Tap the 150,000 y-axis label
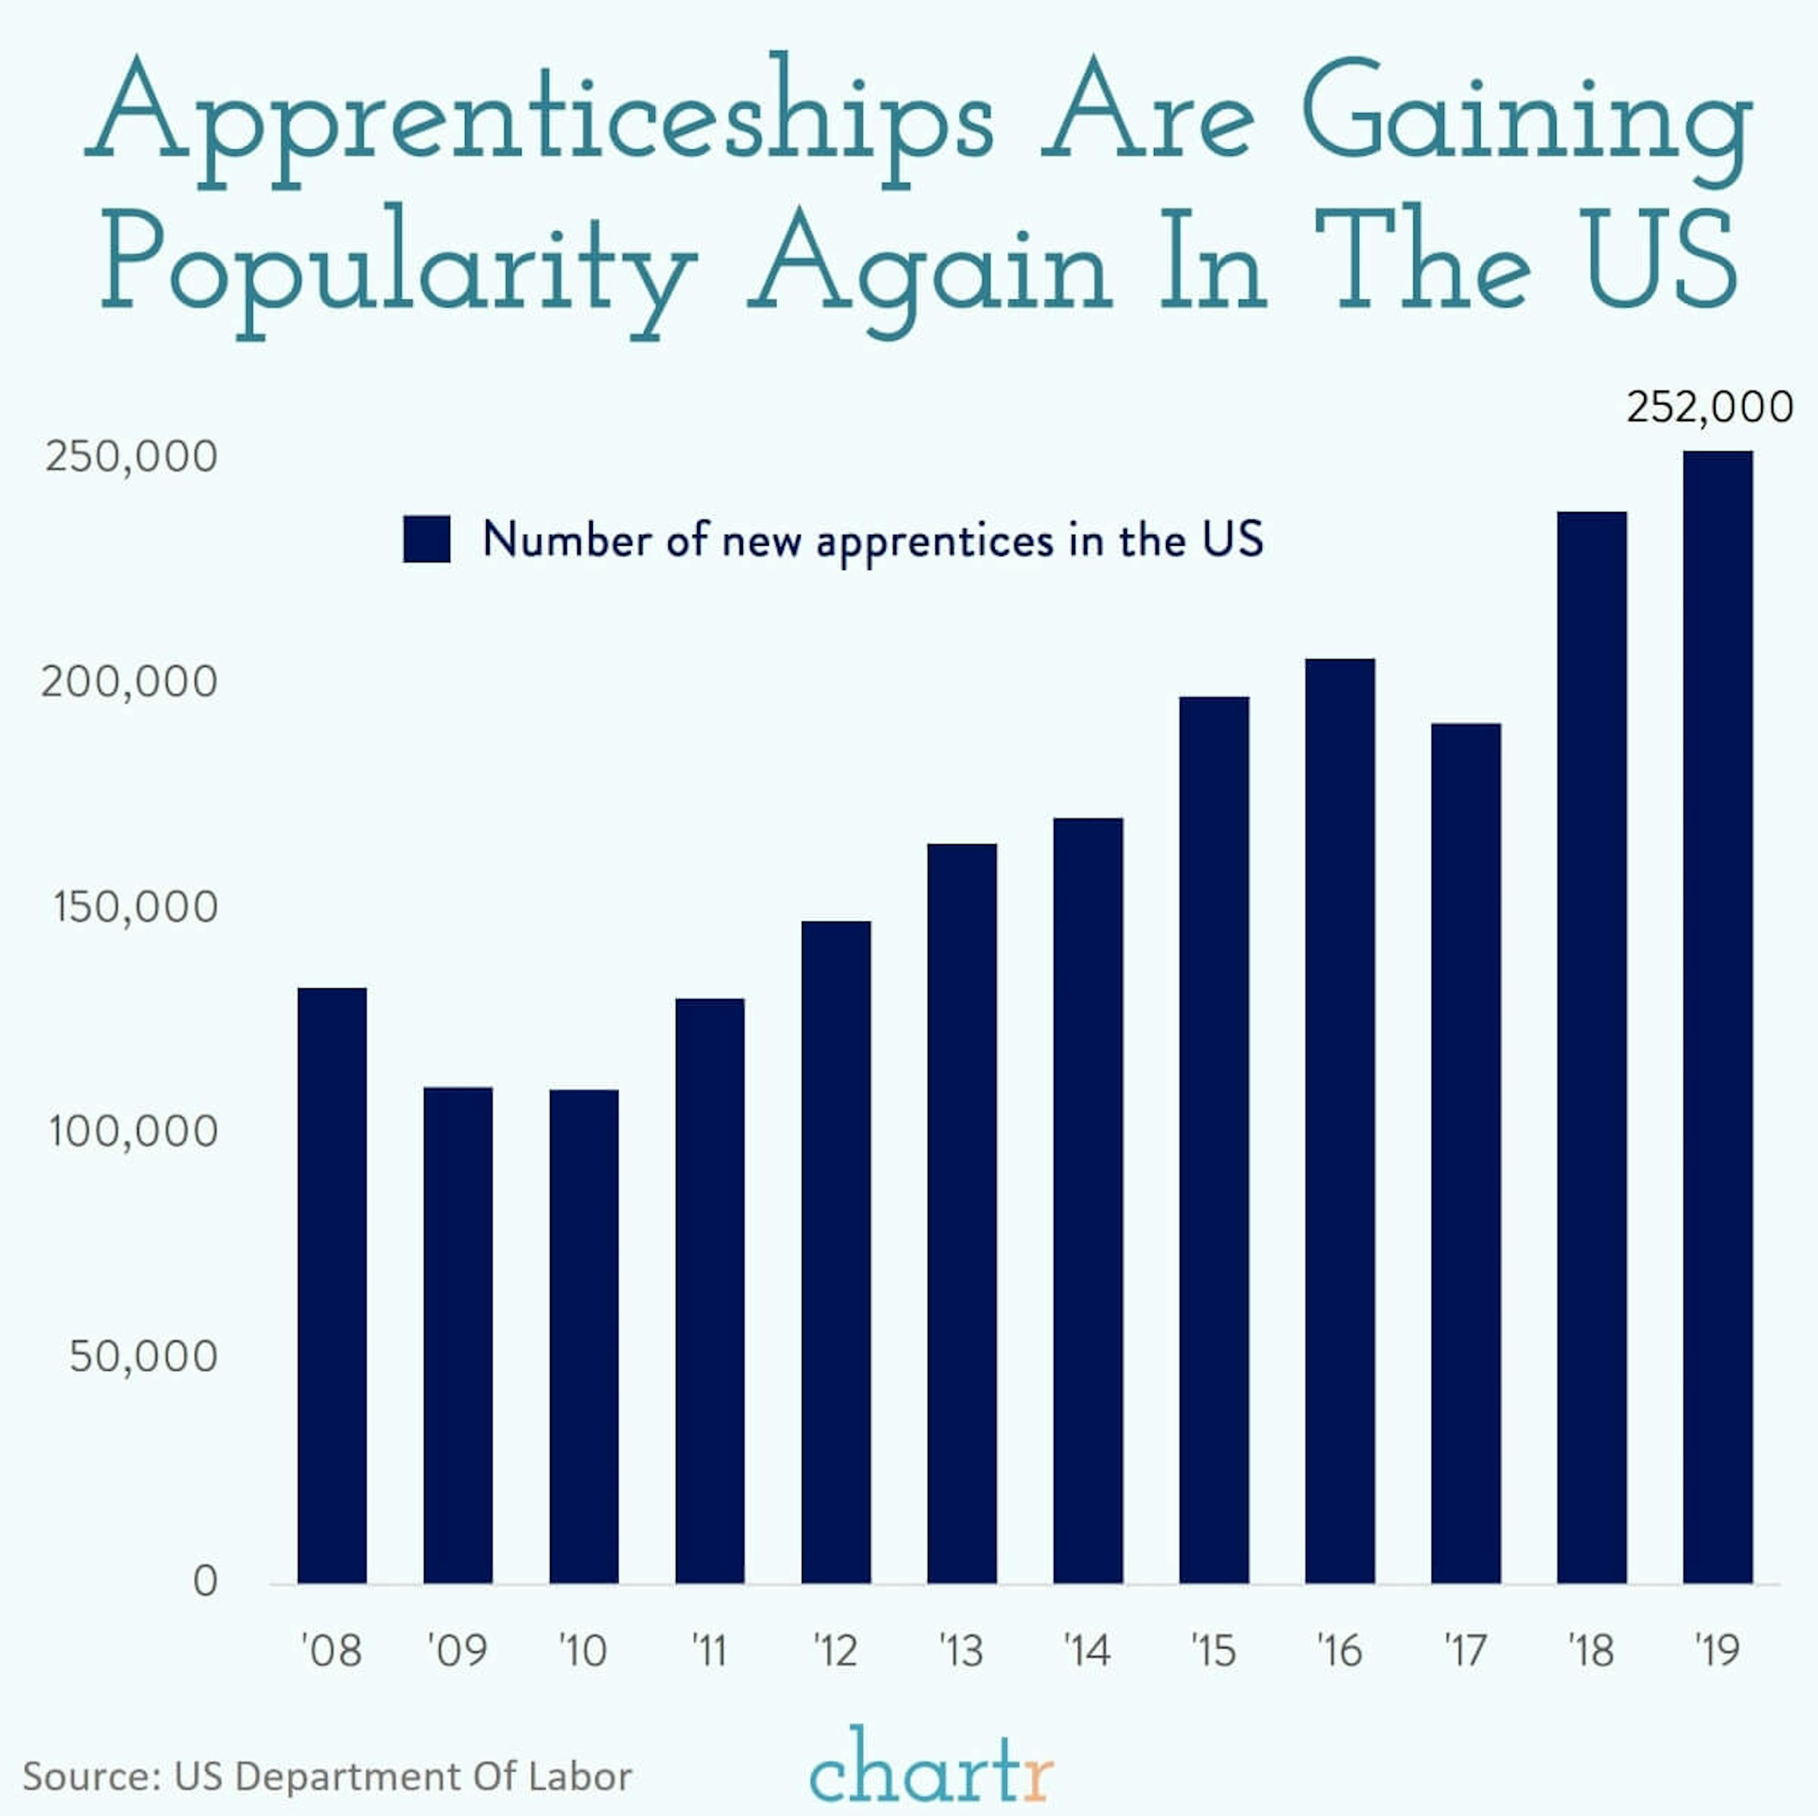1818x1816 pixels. [134, 907]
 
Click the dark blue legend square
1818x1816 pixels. [426, 539]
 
